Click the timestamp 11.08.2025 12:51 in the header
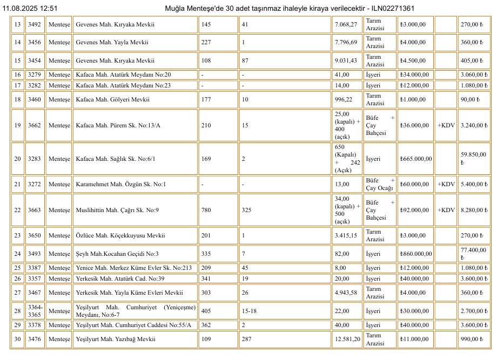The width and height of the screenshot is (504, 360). (x=30, y=9)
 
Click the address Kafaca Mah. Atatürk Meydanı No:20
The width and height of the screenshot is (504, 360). (x=123, y=74)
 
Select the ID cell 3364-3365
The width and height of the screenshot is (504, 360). (x=35, y=311)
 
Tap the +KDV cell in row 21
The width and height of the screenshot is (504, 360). (x=446, y=184)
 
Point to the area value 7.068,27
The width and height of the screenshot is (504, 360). (x=346, y=24)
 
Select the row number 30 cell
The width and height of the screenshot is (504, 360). (x=17, y=339)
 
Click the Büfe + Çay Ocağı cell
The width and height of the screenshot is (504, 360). (x=380, y=184)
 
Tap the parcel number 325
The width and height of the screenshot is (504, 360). (x=247, y=210)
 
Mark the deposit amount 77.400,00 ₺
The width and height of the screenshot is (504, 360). (x=474, y=253)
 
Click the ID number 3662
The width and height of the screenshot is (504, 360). (x=35, y=125)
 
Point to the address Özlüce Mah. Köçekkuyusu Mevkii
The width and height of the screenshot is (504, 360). (x=120, y=235)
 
